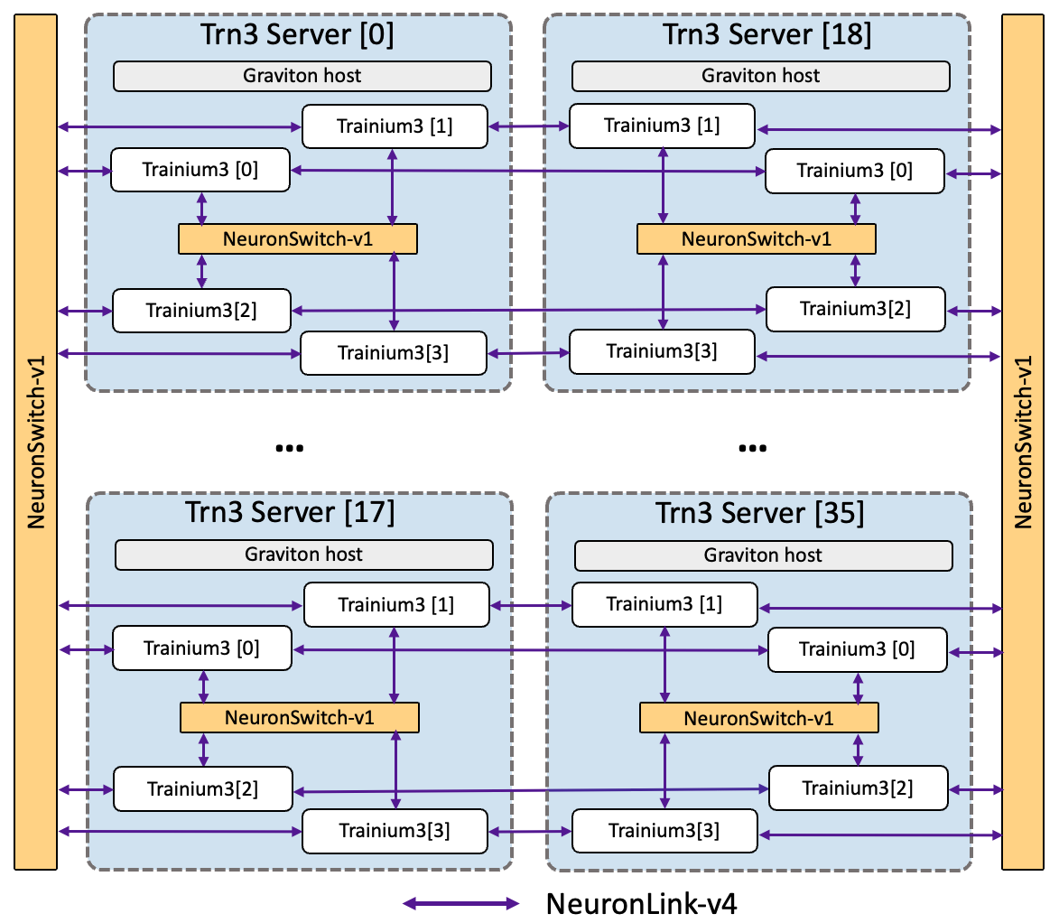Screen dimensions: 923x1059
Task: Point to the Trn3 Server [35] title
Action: click(x=759, y=513)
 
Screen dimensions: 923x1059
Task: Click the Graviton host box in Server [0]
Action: click(x=302, y=76)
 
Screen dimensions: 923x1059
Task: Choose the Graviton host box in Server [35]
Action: click(x=763, y=555)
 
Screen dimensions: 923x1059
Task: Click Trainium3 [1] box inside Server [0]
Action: click(x=395, y=126)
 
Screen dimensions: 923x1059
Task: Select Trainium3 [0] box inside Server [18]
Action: click(x=854, y=171)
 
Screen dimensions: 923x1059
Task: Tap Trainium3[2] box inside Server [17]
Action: click(x=202, y=788)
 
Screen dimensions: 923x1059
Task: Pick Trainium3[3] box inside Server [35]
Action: click(x=664, y=830)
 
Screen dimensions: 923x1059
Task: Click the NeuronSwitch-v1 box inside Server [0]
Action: click(x=298, y=239)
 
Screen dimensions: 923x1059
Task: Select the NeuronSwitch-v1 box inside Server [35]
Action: click(x=758, y=719)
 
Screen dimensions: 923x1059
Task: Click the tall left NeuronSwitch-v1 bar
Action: click(x=36, y=443)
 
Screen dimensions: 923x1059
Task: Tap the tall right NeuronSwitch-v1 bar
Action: click(x=1023, y=443)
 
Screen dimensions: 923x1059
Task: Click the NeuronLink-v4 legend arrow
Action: click(x=461, y=903)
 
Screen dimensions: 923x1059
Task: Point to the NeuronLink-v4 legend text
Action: click(x=641, y=903)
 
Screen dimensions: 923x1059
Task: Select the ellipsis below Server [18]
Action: click(x=752, y=448)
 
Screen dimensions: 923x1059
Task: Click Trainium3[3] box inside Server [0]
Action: click(x=393, y=353)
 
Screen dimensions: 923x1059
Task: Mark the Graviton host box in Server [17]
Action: click(x=304, y=555)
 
